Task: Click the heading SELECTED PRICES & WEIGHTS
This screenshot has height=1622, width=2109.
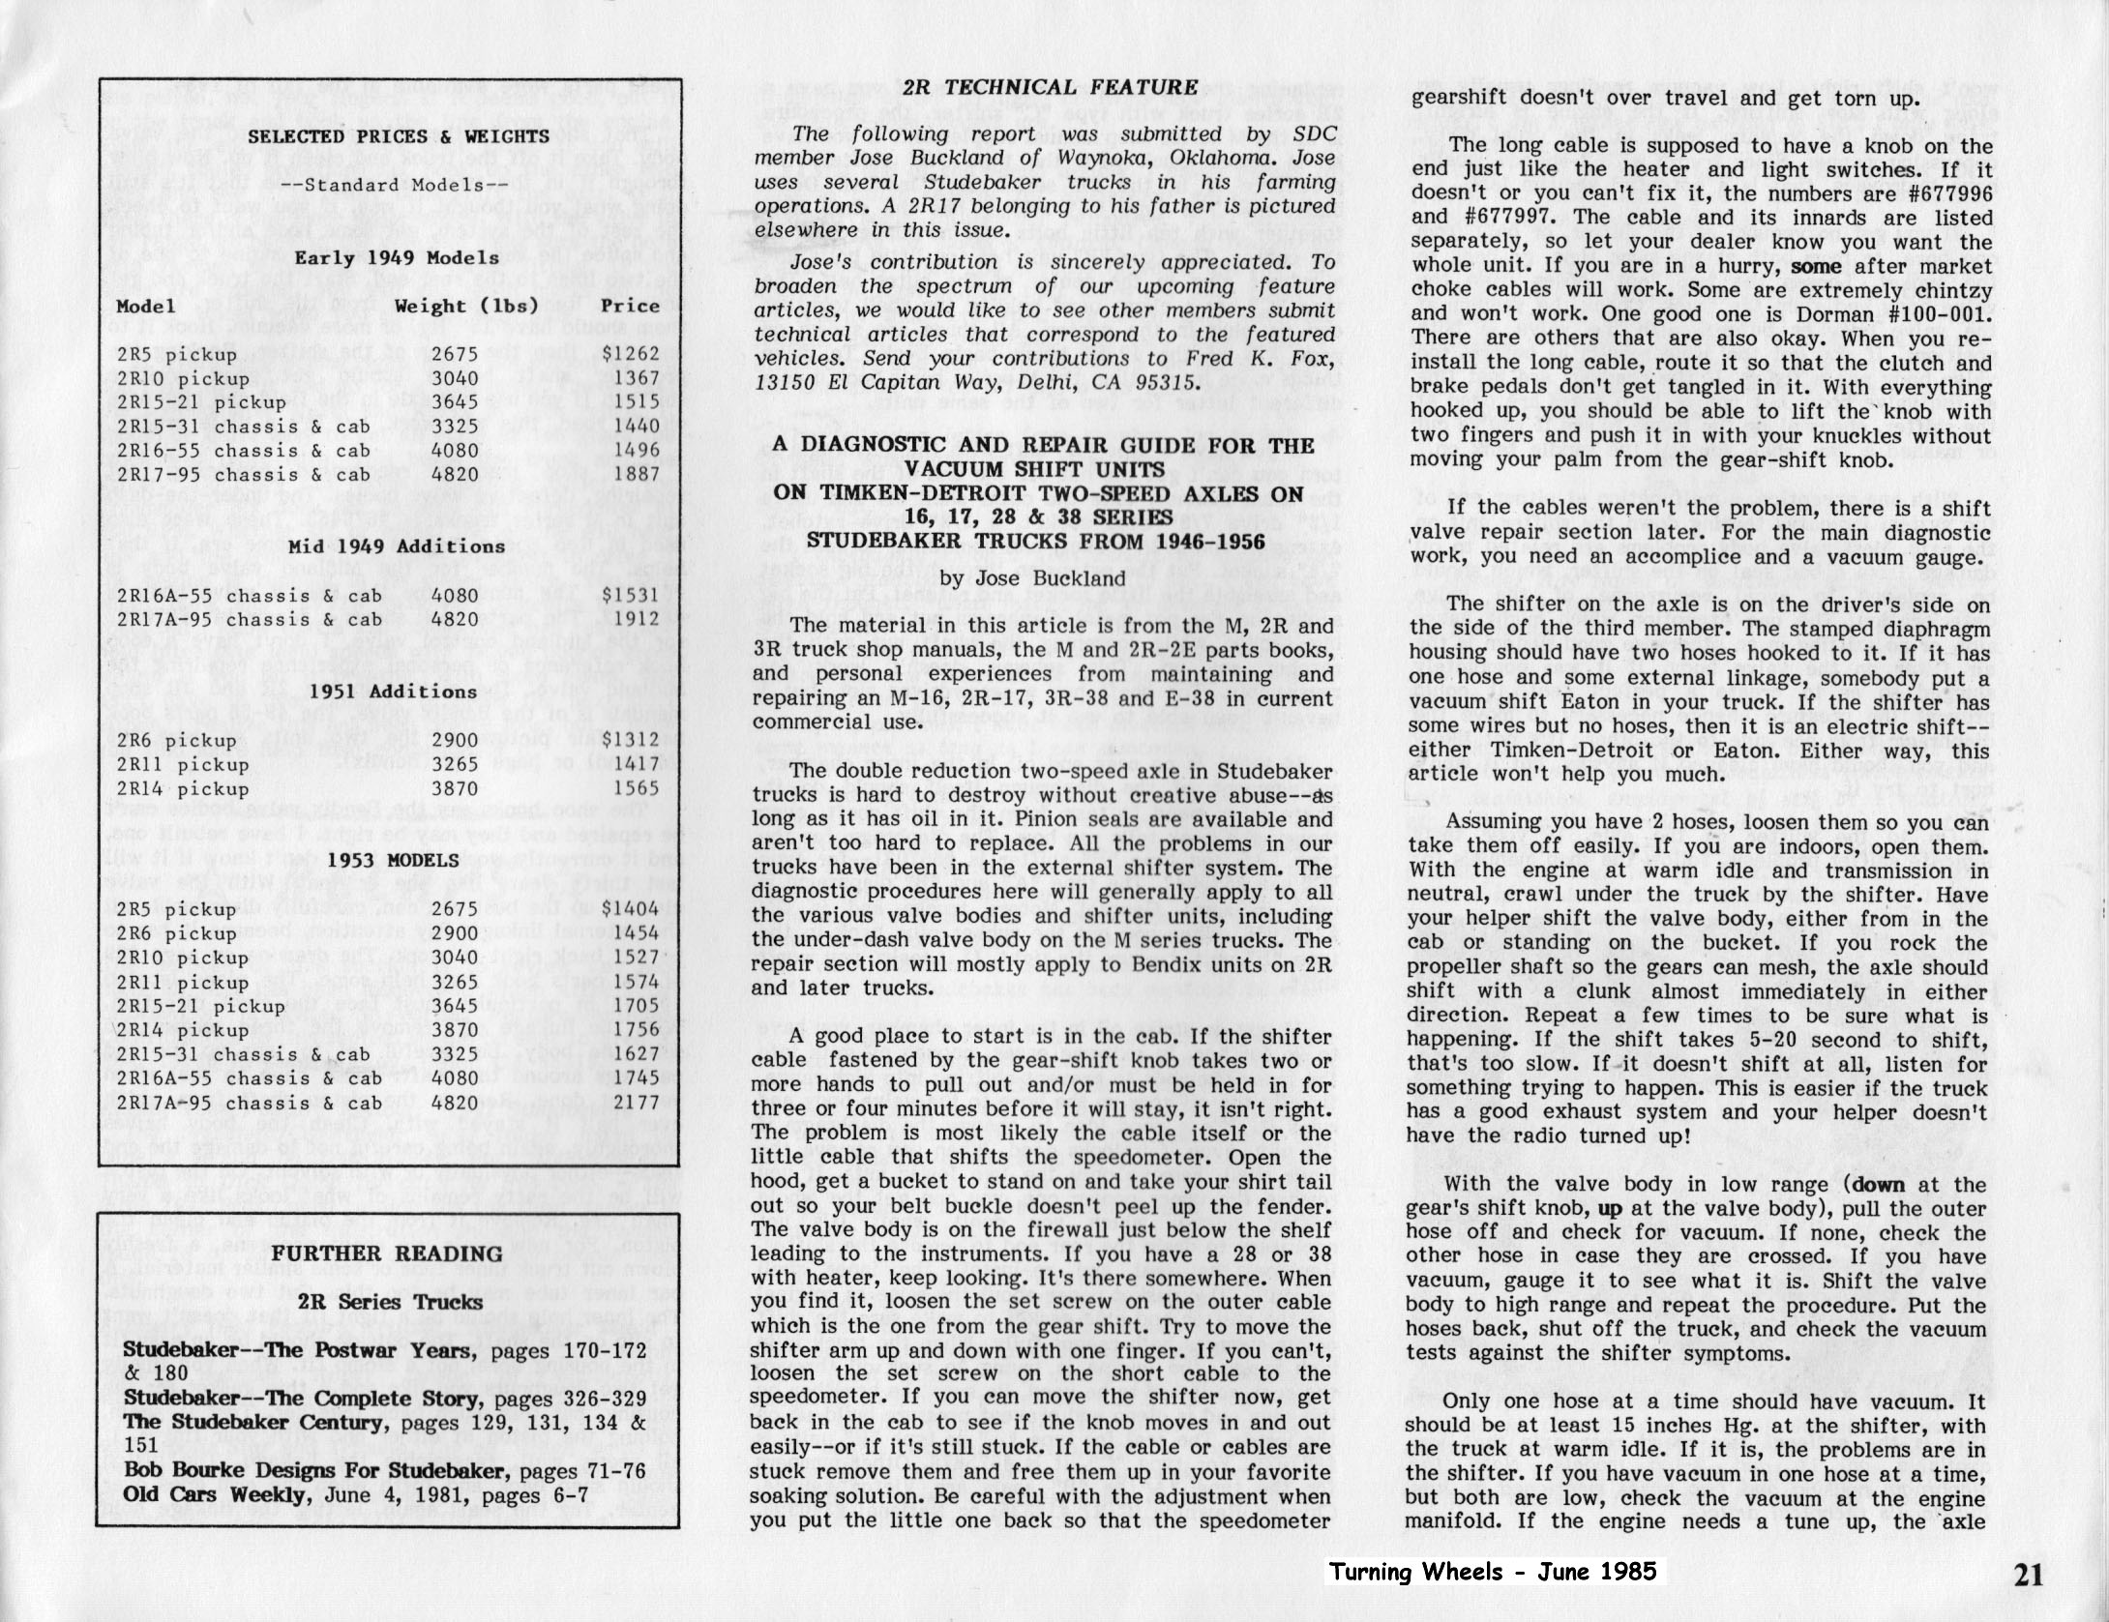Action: [x=398, y=136]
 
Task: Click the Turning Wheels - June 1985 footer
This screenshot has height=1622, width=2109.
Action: [x=1492, y=1572]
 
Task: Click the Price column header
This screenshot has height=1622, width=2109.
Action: [x=629, y=306]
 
